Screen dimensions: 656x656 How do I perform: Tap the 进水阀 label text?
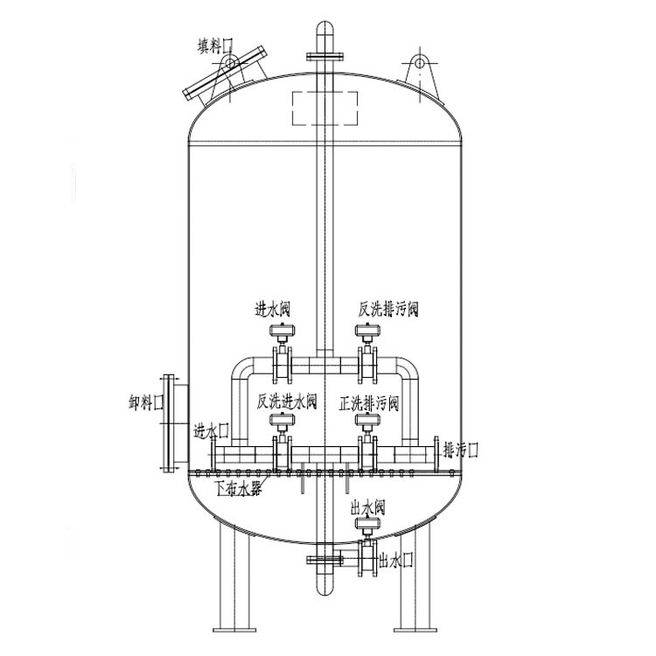pyautogui.click(x=272, y=309)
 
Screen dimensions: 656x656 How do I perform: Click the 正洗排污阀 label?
pyautogui.click(x=369, y=403)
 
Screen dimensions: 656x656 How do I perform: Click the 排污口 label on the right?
pyautogui.click(x=461, y=450)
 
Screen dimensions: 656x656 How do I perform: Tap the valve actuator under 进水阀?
pyautogui.click(x=282, y=331)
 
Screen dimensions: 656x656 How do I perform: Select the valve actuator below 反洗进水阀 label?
pyautogui.click(x=282, y=422)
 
